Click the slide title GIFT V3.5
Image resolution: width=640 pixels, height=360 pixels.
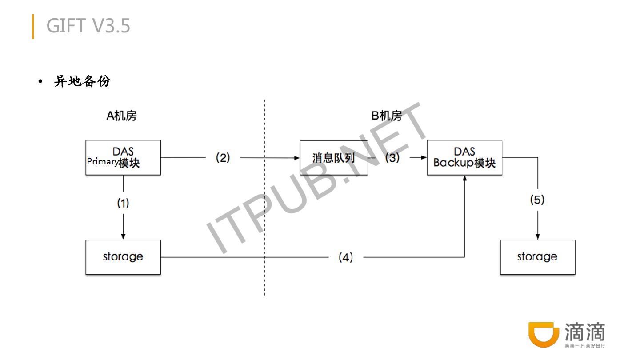88,26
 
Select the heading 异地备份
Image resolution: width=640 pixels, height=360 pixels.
82,81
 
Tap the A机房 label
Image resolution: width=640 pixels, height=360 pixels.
121,116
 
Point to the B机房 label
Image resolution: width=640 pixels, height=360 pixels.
386,116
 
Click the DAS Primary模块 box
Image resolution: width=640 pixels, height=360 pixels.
123,157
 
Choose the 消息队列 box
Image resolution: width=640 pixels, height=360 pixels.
333,158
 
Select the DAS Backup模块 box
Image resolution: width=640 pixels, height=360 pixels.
464,157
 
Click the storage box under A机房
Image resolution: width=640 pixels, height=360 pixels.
123,257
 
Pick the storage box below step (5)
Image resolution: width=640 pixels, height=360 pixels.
537,257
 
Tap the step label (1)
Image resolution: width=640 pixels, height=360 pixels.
123,203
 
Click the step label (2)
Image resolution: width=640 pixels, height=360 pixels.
223,157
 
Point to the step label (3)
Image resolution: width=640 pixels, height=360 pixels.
392,157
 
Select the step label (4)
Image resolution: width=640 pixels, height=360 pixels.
345,257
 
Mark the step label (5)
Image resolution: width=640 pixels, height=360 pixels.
537,200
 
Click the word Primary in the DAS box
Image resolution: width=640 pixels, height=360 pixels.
103,161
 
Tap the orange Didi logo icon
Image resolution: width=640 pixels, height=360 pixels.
544,335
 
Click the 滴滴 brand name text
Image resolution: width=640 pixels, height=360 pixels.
584,332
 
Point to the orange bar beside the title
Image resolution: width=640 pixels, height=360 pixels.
33,27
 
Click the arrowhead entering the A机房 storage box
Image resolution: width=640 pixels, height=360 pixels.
123,236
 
